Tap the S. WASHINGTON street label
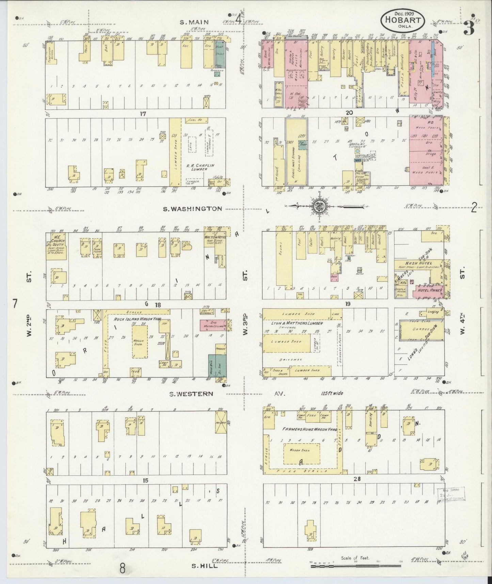tap(192, 209)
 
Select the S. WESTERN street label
tap(192, 394)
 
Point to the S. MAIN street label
tap(194, 22)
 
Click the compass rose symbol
tap(319, 206)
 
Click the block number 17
tap(142, 114)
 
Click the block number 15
tap(146, 480)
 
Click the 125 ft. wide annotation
tap(332, 393)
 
